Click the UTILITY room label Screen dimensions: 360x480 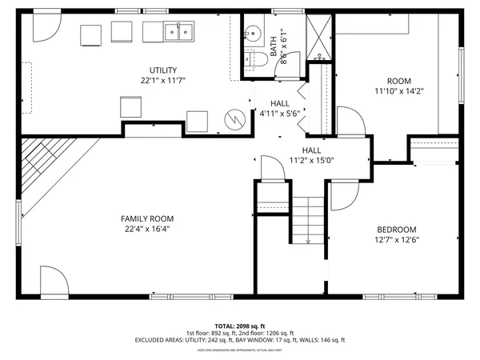click(163, 70)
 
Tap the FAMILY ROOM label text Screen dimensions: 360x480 click(147, 218)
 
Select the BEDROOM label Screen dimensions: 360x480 click(396, 229)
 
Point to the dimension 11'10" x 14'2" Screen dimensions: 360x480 click(398, 91)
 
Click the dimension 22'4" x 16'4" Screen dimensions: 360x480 click(147, 229)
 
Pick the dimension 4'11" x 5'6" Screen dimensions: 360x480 click(279, 114)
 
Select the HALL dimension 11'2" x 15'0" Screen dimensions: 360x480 click(311, 160)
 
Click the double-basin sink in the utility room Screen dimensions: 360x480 click(179, 32)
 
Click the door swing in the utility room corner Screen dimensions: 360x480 click(45, 28)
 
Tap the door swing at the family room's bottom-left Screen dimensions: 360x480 click(54, 283)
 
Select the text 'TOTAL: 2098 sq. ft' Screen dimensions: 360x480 click(240, 326)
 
